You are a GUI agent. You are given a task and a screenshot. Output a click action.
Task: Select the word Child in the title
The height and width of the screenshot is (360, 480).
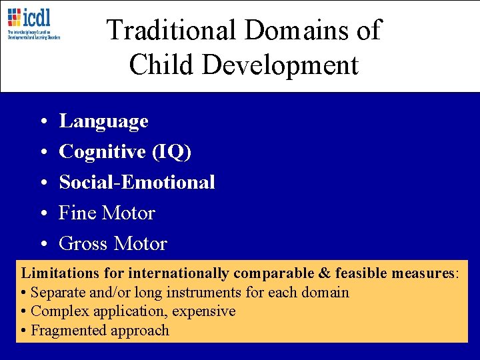[x=157, y=65]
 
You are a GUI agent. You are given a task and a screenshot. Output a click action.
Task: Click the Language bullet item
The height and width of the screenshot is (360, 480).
[x=103, y=121]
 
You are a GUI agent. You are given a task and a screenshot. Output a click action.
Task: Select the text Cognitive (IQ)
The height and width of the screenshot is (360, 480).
[x=125, y=152]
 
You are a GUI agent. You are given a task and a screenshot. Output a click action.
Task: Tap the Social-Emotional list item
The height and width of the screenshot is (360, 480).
[x=137, y=183]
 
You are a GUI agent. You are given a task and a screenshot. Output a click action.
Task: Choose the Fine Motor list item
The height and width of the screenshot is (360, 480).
[x=107, y=213]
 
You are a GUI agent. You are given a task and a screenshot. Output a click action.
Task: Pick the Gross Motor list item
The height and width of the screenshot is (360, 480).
[x=113, y=244]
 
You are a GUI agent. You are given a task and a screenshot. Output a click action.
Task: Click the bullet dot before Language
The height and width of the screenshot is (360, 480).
[x=42, y=122]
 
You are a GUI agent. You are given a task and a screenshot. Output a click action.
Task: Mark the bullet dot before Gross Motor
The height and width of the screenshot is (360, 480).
[x=42, y=245]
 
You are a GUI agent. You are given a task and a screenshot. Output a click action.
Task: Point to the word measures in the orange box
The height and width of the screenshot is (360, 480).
[x=425, y=273]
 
